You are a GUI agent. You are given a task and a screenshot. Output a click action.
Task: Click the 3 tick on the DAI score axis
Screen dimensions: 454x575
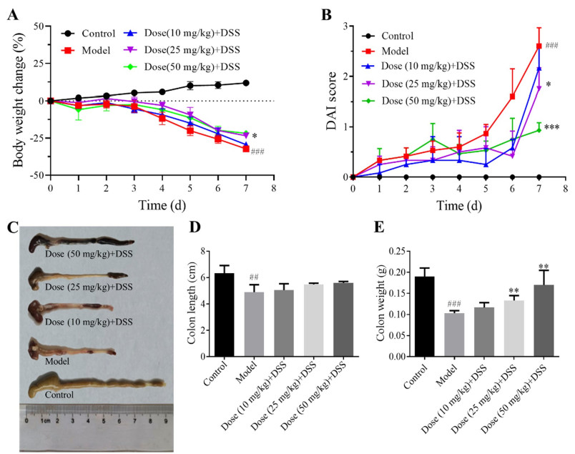point(345,26)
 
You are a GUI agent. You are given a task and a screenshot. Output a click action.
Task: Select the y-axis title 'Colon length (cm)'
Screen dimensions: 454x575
point(192,302)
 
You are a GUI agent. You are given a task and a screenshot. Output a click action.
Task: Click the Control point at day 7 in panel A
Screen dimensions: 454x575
point(246,83)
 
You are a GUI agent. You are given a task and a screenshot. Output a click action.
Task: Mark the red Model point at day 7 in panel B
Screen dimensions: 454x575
point(539,46)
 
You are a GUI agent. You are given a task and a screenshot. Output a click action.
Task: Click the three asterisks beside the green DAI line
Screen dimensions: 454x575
point(551,127)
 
